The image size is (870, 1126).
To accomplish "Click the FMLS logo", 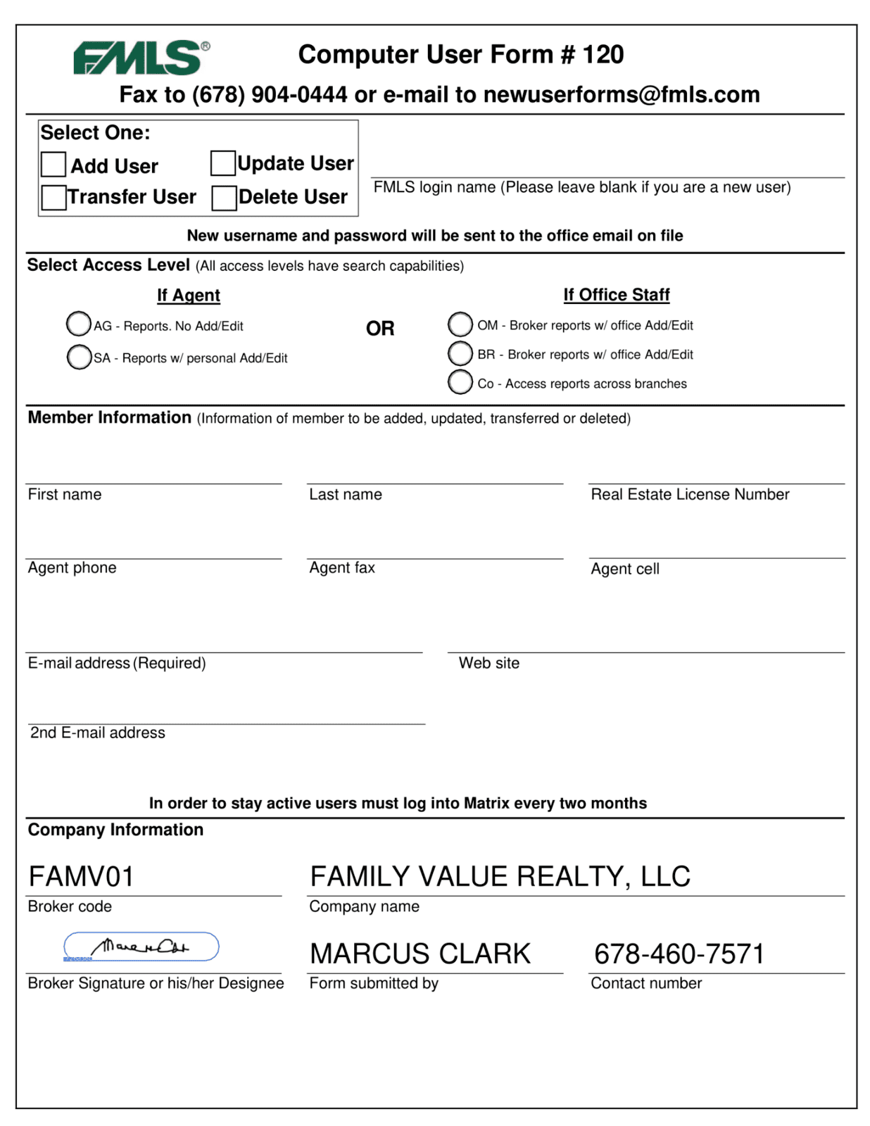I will [141, 58].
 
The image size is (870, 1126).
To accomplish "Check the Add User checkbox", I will [53, 165].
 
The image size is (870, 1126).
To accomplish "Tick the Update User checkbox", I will [223, 163].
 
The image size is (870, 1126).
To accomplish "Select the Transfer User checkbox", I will [53, 198].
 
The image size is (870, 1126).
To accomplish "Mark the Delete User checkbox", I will [224, 198].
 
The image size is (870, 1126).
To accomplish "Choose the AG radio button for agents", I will [79, 324].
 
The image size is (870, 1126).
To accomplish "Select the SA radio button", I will [79, 357].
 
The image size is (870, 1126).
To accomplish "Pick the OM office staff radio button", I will [460, 324].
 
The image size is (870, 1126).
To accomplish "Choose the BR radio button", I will [460, 353].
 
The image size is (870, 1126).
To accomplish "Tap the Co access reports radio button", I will [460, 382].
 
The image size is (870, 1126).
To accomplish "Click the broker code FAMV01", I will [82, 877].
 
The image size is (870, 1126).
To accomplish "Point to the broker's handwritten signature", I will [141, 947].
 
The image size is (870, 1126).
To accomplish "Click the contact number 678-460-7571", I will [679, 954].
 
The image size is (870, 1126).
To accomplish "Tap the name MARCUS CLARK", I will [420, 954].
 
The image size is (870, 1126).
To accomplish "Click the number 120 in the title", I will [603, 55].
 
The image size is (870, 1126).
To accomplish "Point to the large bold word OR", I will [380, 329].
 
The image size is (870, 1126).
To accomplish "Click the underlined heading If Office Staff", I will [617, 295].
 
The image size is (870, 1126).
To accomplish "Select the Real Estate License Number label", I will [690, 495].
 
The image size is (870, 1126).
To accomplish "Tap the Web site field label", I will [489, 663].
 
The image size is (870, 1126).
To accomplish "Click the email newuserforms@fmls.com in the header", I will [622, 95].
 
